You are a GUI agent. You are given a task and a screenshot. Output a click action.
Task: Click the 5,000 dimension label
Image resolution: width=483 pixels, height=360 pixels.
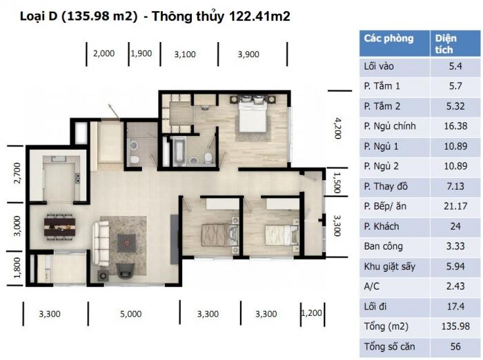coord(131,314)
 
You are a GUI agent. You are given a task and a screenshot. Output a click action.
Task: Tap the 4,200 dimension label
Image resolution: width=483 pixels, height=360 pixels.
coord(338,128)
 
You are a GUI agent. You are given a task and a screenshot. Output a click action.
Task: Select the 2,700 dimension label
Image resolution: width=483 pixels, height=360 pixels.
coord(17,173)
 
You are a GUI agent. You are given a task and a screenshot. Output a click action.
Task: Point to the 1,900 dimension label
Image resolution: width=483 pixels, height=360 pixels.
coord(141,54)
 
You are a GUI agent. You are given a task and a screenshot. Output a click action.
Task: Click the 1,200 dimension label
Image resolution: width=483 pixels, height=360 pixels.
coord(311,313)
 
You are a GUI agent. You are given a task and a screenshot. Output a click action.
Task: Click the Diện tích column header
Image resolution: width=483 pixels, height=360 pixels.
coord(446,43)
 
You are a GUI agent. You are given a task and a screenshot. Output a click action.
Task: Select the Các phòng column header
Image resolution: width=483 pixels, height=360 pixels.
coord(388,38)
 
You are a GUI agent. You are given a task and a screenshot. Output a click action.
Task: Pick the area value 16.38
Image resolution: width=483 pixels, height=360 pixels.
coord(455,126)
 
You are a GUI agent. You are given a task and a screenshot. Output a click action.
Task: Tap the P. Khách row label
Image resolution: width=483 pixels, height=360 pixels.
coord(382,226)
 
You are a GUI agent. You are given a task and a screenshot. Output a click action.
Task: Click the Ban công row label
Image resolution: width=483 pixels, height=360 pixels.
coord(383,246)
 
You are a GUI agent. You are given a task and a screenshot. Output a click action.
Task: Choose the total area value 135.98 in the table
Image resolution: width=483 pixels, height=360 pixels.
coord(455,326)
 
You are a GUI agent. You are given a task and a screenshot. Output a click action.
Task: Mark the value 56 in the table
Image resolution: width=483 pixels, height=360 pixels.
coord(455,346)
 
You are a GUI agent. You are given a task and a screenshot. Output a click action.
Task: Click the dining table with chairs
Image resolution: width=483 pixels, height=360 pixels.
coord(59,227)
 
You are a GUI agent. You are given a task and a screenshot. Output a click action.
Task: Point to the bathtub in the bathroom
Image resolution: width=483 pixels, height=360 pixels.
coord(179,151)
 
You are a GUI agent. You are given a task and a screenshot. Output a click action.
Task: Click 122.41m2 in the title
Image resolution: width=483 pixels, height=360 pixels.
coord(259,16)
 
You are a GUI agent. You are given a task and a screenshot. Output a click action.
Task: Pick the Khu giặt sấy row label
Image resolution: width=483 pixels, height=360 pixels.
coord(389,266)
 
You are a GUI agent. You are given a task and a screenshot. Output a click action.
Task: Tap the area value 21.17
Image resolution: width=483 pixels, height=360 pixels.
coord(455,206)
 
